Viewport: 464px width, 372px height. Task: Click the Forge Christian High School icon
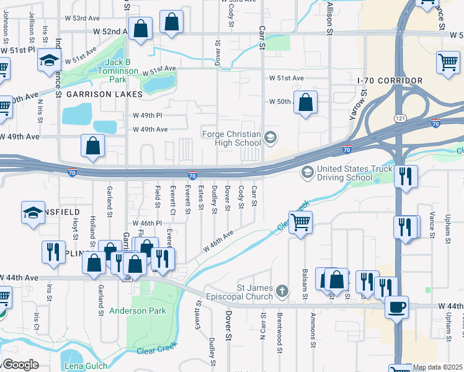click(270, 138)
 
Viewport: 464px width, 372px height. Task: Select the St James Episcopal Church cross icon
click(282, 291)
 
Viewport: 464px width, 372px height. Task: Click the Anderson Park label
click(138, 311)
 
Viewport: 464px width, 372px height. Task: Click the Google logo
click(20, 365)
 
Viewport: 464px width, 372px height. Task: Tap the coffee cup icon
click(396, 306)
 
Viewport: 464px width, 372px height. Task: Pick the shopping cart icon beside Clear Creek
click(300, 221)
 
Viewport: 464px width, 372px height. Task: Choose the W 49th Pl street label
click(147, 115)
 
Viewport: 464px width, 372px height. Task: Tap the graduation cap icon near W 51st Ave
click(48, 61)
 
